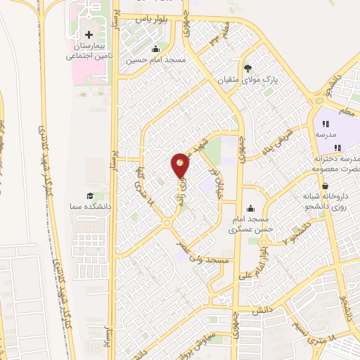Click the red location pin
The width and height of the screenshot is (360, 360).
coord(181,165)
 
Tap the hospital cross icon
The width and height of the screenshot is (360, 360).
coord(89,34)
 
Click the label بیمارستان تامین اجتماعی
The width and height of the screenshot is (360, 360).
coord(89,51)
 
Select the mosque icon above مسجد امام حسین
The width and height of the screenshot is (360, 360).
coord(156,49)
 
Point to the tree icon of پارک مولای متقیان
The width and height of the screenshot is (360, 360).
coord(247,68)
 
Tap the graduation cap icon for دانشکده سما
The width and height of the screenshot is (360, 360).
coord(89,196)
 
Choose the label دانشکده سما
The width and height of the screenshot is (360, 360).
coord(90,207)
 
